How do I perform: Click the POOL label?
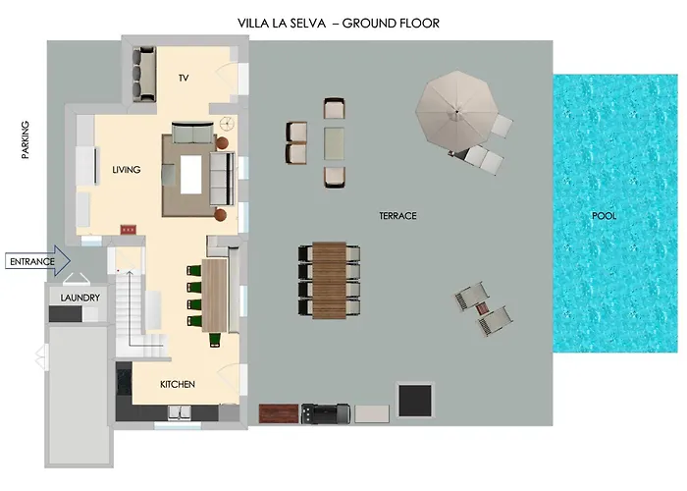click(x=604, y=216)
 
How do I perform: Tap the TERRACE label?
click(x=397, y=216)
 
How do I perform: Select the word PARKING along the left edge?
click(x=26, y=139)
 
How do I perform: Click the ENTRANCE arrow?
click(x=37, y=261)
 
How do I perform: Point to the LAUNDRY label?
click(x=80, y=298)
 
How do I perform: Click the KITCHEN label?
click(x=178, y=384)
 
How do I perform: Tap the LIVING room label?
click(x=127, y=170)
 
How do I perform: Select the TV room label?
click(x=184, y=78)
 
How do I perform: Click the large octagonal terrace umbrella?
click(x=457, y=112)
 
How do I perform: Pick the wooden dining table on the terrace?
click(x=329, y=280)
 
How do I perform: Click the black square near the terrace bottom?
click(x=414, y=401)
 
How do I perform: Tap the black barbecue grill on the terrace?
click(x=326, y=413)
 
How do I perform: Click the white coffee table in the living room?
click(x=191, y=175)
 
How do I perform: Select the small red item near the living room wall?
click(x=129, y=229)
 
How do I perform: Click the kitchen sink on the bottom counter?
click(x=180, y=412)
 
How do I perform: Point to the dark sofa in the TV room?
click(x=143, y=74)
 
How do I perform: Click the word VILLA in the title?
click(x=253, y=24)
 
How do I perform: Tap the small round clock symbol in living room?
click(x=227, y=124)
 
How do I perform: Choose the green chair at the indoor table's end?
click(x=215, y=340)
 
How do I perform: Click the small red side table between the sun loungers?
click(x=482, y=309)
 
